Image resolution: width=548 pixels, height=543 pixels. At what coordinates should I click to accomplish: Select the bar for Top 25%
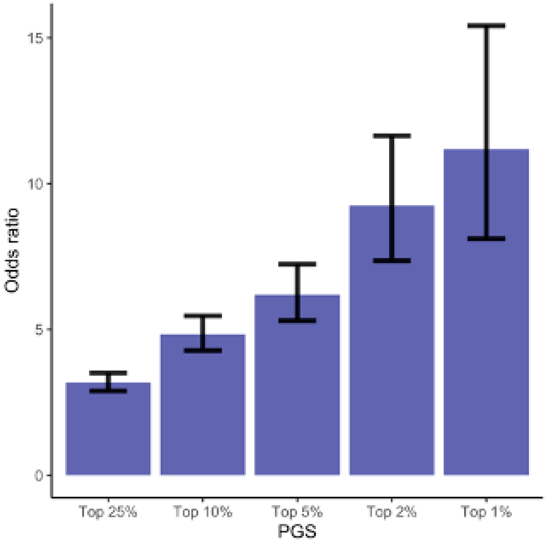point(108,434)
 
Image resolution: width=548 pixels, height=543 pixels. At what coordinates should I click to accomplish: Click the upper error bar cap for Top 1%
point(486,26)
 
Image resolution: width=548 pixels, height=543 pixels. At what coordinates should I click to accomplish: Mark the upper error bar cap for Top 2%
point(392,136)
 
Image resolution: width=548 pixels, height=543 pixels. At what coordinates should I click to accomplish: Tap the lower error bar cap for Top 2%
point(392,260)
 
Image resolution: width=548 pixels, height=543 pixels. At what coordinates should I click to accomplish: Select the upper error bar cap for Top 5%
point(297,264)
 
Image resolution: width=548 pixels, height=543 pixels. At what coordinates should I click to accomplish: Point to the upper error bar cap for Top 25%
point(108,373)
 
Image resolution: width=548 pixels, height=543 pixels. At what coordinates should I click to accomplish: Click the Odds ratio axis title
point(12,251)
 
